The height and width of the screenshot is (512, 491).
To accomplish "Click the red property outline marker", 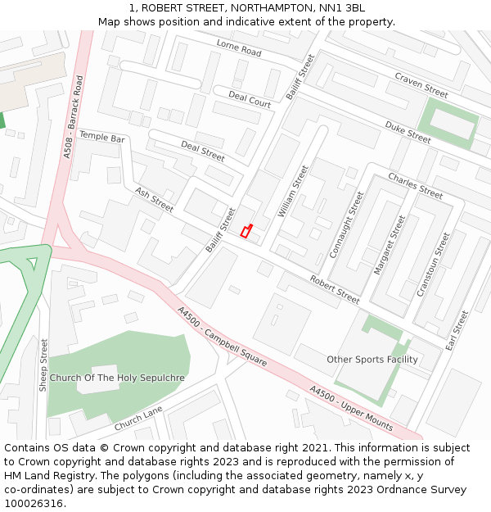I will point(245,231).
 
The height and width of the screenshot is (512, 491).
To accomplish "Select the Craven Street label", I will point(421,84).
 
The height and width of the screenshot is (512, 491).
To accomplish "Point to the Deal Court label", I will point(250,100).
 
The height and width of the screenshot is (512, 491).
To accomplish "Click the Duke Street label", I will point(408,132).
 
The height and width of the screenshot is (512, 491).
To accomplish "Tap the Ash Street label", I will point(154,199).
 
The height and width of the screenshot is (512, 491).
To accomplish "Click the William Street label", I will point(292,191).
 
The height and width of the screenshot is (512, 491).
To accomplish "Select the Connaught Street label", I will point(345,224).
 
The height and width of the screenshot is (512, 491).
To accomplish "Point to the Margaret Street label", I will point(390,244).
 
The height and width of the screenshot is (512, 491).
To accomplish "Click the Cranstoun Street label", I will point(433,264).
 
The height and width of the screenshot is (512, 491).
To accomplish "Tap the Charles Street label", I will point(415,185).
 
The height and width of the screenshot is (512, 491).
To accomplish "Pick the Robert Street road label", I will point(335,289).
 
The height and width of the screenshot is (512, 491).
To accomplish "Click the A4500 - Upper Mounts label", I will point(351,408).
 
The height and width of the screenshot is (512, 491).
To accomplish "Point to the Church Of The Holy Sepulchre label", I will point(117,378).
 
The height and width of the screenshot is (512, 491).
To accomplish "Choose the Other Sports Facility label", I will point(372,359).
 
